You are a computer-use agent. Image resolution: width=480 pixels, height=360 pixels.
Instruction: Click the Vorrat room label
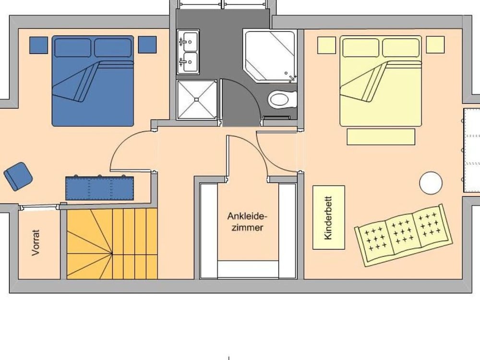pyautogui.click(x=36, y=242)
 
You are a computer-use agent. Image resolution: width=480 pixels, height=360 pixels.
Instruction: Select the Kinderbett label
pyautogui.click(x=328, y=217)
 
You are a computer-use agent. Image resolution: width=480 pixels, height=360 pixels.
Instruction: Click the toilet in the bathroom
pyautogui.click(x=282, y=99)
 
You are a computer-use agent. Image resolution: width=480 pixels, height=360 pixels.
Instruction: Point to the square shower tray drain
pyautogui.click(x=196, y=99)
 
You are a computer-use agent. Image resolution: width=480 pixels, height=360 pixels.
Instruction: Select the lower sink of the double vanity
pyautogui.click(x=188, y=62)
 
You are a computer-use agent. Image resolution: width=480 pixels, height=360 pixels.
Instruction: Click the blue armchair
pyautogui.click(x=18, y=176)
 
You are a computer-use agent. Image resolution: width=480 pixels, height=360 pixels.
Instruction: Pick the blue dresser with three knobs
pyautogui.click(x=99, y=188)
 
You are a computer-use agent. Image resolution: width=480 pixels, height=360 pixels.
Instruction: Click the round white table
pyautogui.click(x=431, y=183)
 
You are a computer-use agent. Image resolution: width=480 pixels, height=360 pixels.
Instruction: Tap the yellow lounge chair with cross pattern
pyautogui.click(x=404, y=235)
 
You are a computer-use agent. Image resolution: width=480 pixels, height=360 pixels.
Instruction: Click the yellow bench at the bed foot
pyautogui.click(x=381, y=136)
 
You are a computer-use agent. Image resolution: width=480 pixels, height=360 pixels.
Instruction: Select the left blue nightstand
pyautogui.click(x=38, y=45)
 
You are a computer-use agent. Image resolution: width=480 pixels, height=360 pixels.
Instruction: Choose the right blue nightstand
pyautogui.click(x=147, y=45)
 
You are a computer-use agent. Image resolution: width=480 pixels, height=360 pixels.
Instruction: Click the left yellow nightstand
pyautogui.click(x=326, y=45)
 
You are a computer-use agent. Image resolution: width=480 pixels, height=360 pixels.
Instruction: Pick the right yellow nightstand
pyautogui.click(x=435, y=45)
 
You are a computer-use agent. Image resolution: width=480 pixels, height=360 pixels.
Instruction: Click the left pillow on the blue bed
pyautogui.click(x=73, y=48)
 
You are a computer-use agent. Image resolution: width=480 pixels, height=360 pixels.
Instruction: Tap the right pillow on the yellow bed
pyautogui.click(x=401, y=48)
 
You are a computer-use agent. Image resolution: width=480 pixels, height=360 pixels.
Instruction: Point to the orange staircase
pyautogui.click(x=112, y=244)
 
